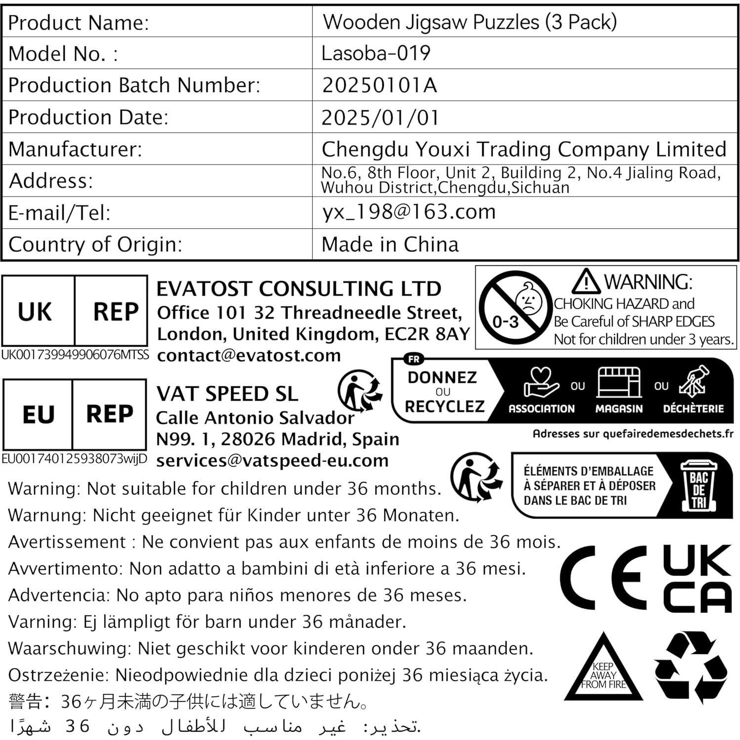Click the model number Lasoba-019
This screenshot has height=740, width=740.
coord(375,53)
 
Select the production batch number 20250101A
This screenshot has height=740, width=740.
coord(379,85)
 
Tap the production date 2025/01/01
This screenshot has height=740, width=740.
coord(380,118)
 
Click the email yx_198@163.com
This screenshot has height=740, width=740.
coord(409,212)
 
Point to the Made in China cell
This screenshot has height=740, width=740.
coord(390,245)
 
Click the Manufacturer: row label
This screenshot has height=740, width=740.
coord(75,149)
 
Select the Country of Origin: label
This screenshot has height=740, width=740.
coord(95,245)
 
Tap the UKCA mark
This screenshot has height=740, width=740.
coord(697,578)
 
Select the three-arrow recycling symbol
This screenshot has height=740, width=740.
coord(690,667)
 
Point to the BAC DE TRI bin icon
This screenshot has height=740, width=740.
coord(699,486)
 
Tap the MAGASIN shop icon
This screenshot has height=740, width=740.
coord(618,382)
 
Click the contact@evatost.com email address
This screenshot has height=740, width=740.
coord(248,355)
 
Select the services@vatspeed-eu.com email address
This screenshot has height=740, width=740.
coord(272,460)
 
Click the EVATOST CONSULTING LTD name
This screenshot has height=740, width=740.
coord(298,289)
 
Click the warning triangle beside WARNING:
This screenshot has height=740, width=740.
coord(586,282)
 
